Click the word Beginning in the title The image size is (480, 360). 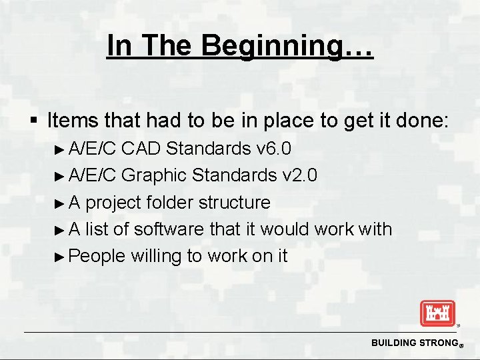pyautogui.click(x=288, y=46)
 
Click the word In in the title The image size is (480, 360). pyautogui.click(x=119, y=46)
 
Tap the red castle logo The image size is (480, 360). pyautogui.click(x=437, y=313)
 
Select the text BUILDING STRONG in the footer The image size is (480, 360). pyautogui.click(x=413, y=343)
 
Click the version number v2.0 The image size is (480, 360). pyautogui.click(x=299, y=175)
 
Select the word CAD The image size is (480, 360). pyautogui.click(x=142, y=148)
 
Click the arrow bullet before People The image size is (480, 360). pyautogui.click(x=61, y=256)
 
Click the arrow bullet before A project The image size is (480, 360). pyautogui.click(x=61, y=203)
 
